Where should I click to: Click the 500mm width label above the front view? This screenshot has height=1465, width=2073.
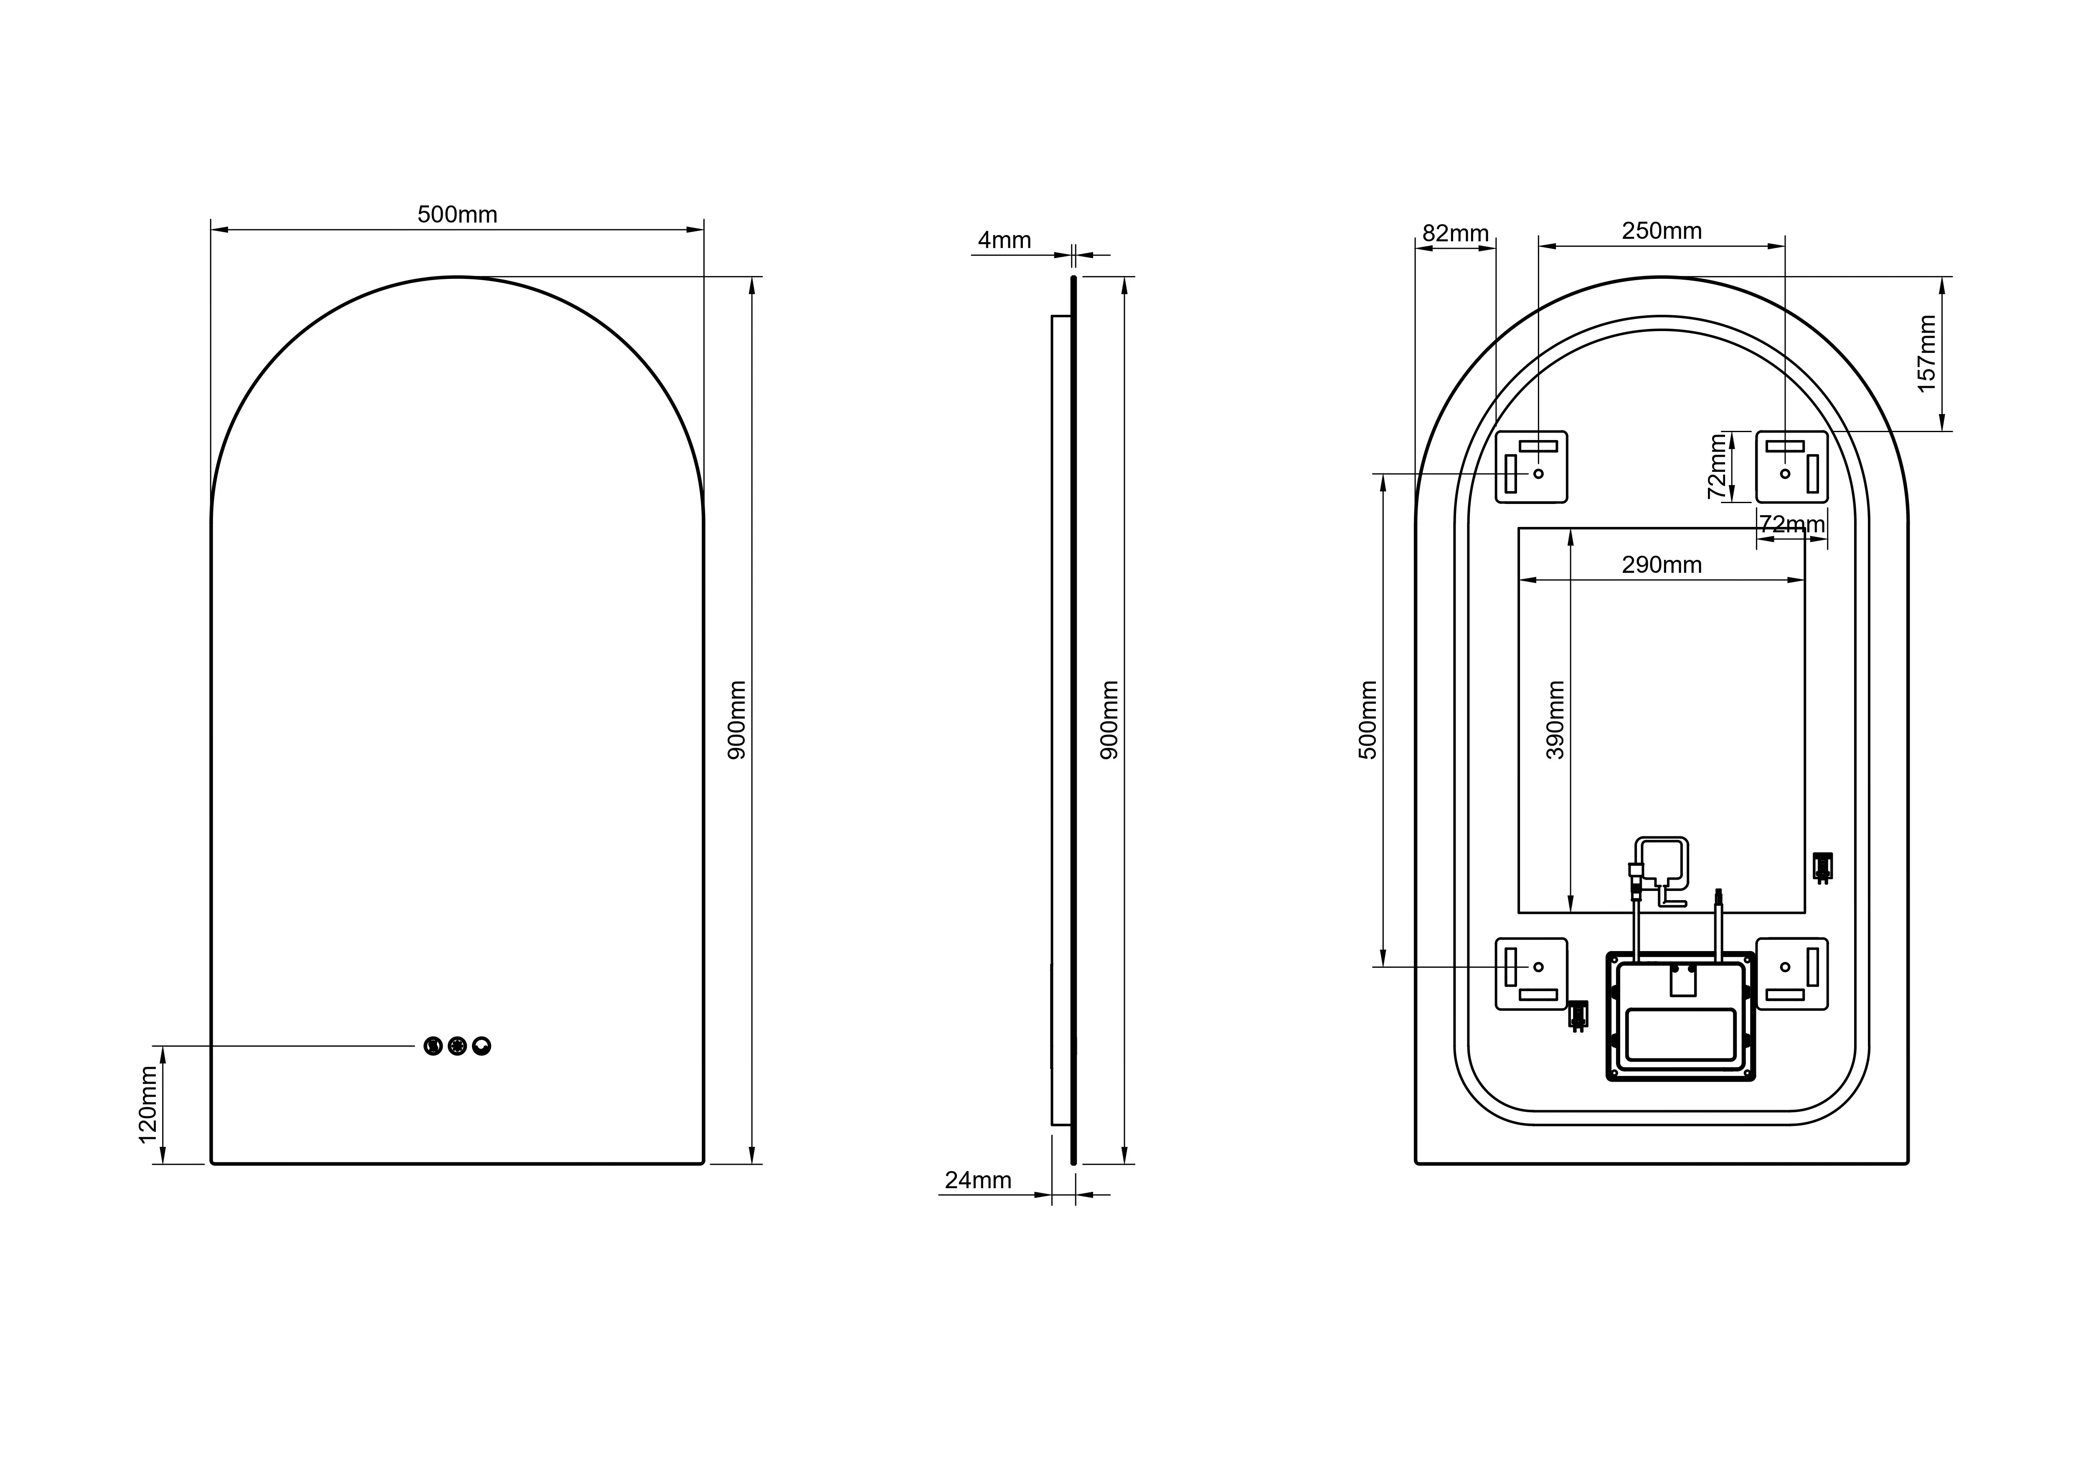457,215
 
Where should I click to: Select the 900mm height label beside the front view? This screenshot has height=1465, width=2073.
738,720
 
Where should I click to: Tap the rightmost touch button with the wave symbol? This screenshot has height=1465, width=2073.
481,1046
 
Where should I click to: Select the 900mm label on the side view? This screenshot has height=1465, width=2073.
1110,720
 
